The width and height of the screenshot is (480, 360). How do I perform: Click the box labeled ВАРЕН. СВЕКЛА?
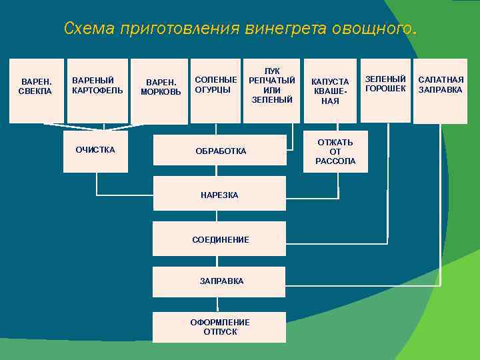click(37, 91)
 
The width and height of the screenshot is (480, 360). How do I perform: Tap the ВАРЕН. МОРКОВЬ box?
click(160, 91)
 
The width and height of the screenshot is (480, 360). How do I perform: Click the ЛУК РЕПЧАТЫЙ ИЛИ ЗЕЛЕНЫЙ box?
click(271, 90)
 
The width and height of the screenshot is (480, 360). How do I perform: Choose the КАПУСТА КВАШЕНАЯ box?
click(330, 91)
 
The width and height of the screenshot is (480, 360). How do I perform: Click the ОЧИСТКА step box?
click(95, 151)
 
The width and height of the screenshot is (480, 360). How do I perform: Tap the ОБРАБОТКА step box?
click(221, 151)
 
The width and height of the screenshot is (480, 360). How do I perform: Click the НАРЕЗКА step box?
click(219, 195)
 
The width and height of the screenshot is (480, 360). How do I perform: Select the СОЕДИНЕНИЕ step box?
click(219, 239)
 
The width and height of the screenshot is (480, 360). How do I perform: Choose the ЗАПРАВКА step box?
click(219, 281)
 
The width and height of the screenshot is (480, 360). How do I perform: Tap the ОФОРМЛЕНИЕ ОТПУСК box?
click(219, 327)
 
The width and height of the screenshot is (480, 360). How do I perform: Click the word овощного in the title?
click(369, 29)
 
